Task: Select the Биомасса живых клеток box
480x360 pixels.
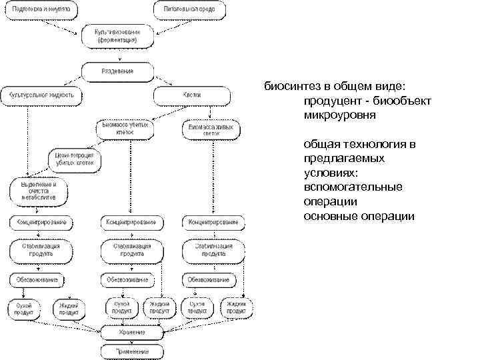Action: tap(211, 128)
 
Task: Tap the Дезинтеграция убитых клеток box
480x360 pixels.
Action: tap(75, 158)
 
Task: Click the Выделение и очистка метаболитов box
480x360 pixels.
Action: tap(38, 190)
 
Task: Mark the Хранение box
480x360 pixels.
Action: tap(131, 331)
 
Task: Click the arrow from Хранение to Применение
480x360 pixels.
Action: tap(131, 340)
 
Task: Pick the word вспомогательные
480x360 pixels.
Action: tap(353, 187)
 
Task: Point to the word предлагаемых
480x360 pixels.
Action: tap(343, 159)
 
